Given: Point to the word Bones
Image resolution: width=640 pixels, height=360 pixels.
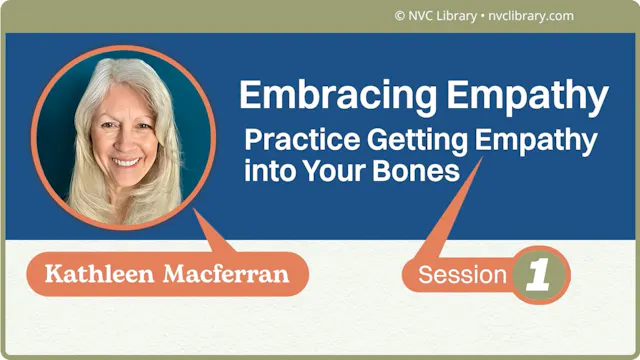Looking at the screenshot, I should (416, 170).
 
